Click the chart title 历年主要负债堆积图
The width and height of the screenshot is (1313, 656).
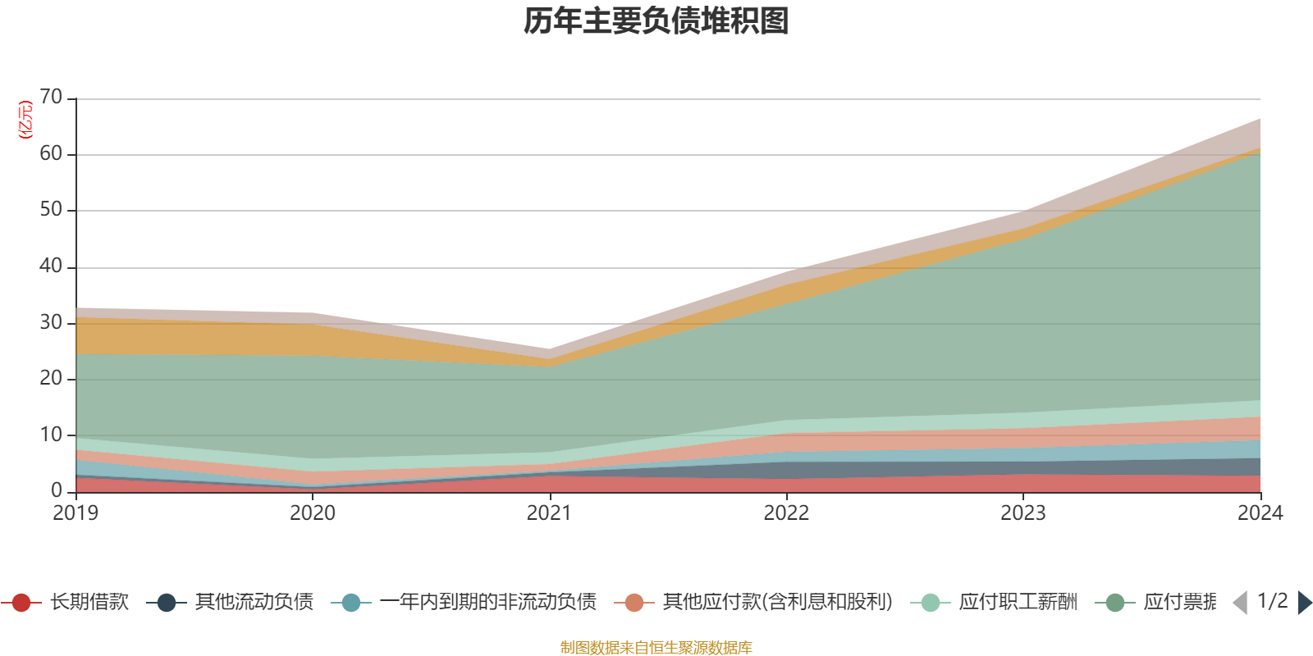click(x=656, y=21)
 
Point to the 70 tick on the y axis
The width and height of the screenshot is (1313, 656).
click(x=51, y=97)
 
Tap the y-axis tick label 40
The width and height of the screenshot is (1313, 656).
click(x=51, y=266)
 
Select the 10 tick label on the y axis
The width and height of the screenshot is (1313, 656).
click(x=51, y=435)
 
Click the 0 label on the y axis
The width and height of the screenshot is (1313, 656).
click(x=57, y=490)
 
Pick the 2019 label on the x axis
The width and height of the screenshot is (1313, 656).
click(x=75, y=513)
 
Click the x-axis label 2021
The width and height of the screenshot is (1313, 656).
click(x=549, y=513)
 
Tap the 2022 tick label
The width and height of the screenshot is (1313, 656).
click(x=786, y=513)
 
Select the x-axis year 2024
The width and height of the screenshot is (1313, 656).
click(x=1260, y=513)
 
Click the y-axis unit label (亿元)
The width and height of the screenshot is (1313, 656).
click(x=25, y=120)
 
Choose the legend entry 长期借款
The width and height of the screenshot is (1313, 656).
click(x=89, y=603)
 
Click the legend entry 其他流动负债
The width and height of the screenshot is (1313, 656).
click(x=254, y=603)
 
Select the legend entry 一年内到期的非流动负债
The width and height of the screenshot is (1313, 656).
click(x=487, y=603)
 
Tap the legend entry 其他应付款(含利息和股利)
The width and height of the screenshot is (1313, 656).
click(x=777, y=603)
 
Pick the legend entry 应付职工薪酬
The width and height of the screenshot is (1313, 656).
click(x=1018, y=603)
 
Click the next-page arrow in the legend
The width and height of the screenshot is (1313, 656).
click(x=1305, y=603)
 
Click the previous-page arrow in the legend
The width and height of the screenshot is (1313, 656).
click(x=1240, y=603)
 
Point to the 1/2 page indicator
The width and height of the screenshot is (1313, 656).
click(x=1272, y=601)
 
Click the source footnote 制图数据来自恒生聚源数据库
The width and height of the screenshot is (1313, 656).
click(x=656, y=648)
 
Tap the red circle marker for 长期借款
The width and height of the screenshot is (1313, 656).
click(x=21, y=603)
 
